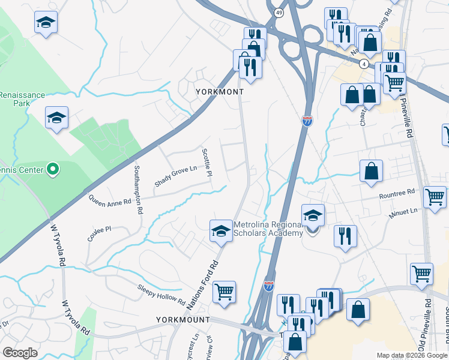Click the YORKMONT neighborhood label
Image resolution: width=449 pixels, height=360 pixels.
pos(220,92)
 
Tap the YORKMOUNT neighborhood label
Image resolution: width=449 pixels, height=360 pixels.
pos(183,320)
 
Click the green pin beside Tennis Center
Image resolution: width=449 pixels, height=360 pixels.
pos(53,170)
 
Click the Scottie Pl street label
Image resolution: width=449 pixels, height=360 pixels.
pos(207,163)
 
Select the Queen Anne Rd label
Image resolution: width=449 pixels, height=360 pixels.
pos(109,200)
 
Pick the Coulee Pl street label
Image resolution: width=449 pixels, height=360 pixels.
pos(100,233)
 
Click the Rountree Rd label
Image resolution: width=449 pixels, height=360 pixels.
pos(397,193)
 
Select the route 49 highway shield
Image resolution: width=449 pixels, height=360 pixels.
pos(279,13)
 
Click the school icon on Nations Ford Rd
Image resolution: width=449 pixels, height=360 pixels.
pos(221,231)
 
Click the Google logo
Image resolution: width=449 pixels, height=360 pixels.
pos(20,353)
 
